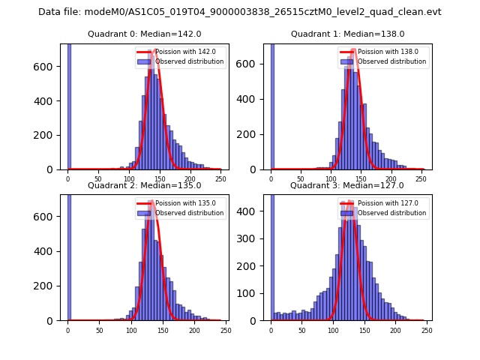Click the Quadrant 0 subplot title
pos(144,34)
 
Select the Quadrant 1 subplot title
pos(347,34)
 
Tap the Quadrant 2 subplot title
pos(144,185)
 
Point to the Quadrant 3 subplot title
pos(347,185)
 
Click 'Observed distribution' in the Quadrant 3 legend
pos(391,213)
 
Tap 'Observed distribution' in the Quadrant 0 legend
pos(189,61)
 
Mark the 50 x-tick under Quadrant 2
pos(99,330)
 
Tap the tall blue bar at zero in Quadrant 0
pos(69,105)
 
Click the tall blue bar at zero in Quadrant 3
pos(271,255)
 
